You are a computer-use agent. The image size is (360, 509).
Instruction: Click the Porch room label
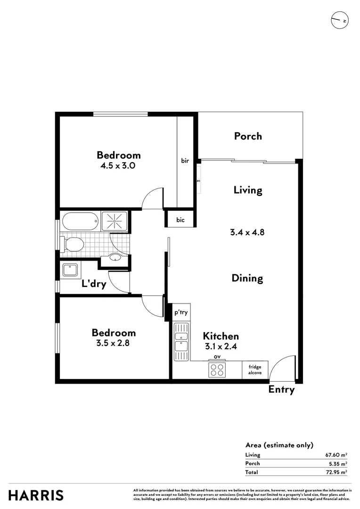[x=248, y=136]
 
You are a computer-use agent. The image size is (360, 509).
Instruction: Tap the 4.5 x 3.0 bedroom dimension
[x=119, y=165]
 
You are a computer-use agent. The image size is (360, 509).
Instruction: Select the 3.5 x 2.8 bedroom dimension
[x=114, y=343]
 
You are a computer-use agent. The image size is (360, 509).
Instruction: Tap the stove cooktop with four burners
[x=217, y=370]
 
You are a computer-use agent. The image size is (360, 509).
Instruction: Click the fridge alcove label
[x=255, y=370]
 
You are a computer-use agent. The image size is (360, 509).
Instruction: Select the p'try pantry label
[x=181, y=312]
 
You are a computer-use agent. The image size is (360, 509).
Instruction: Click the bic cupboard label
[x=180, y=220]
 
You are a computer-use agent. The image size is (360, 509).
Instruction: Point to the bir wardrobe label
[x=185, y=161]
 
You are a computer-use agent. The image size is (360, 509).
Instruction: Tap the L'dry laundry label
[x=94, y=284]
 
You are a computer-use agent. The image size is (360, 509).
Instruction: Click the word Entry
[x=281, y=390]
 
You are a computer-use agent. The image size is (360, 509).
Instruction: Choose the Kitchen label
[x=221, y=336]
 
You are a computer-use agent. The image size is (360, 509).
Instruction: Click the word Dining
[x=247, y=278]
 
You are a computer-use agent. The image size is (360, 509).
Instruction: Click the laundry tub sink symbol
[x=70, y=270]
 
